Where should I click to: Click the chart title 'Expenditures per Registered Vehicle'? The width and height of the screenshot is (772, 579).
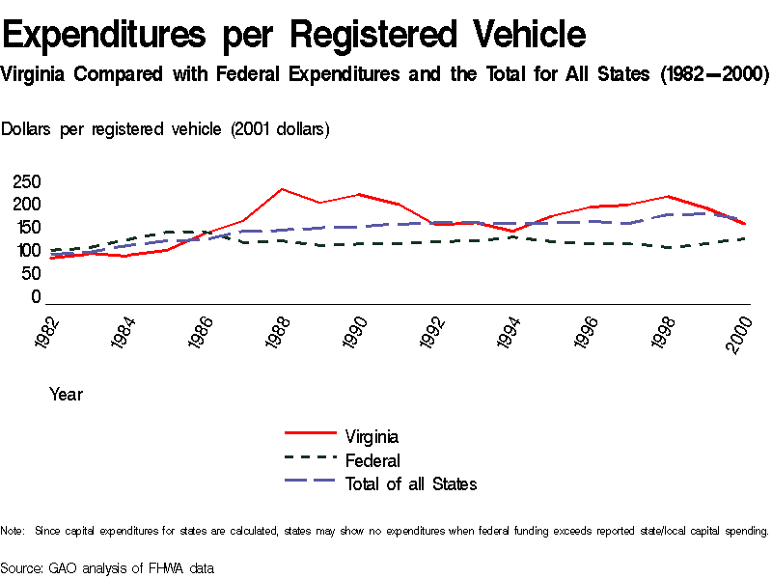pos(294,35)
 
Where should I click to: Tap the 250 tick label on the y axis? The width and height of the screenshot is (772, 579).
pos(27,181)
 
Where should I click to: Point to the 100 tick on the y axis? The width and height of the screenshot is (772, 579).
pos(27,251)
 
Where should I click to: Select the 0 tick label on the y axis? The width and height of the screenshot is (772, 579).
pos(36,297)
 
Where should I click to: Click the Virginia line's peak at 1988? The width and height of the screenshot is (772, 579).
pos(281,189)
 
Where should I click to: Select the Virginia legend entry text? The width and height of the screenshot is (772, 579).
pos(372,437)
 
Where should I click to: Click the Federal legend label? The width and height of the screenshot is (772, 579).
pos(372,461)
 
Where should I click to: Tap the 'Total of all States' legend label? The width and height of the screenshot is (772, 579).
pos(411,484)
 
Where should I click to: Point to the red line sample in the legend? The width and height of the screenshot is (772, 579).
pos(309,434)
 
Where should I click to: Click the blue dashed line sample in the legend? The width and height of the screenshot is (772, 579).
pos(309,481)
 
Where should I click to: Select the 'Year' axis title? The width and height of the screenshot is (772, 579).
pos(66,395)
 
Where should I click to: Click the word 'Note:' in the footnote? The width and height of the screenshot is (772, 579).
pos(14,531)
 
